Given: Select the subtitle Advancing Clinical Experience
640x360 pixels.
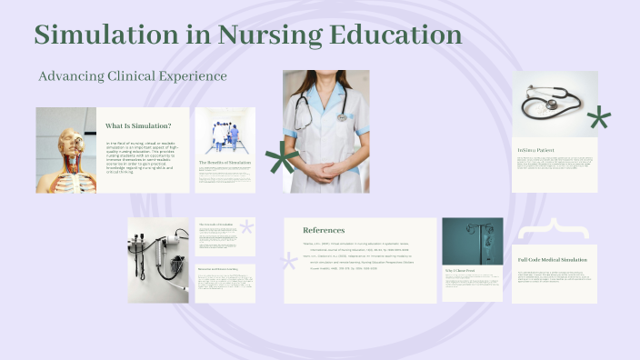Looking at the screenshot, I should tap(133, 76).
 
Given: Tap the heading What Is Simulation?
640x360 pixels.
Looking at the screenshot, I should tap(138, 125).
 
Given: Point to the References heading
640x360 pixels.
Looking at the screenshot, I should tap(324, 230).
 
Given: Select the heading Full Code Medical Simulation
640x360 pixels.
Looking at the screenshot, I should tap(557, 259).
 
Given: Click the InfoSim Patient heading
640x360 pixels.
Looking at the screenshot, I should tap(536, 150).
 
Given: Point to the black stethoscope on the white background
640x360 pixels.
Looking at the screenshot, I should tap(550, 105).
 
